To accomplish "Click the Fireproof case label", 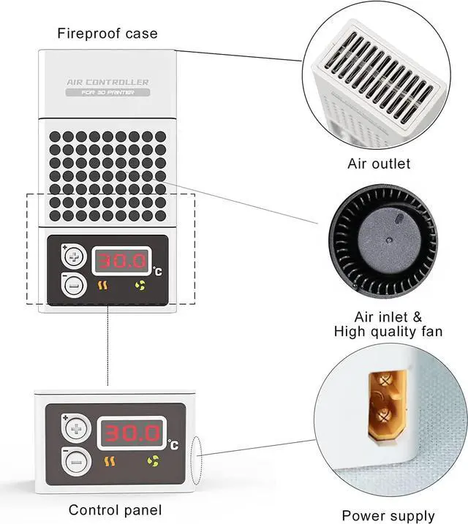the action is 107,34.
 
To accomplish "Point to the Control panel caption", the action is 115,509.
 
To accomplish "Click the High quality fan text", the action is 388,331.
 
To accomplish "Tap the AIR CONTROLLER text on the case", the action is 107,83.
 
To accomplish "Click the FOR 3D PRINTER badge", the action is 107,93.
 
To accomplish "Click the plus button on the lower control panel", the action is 76,427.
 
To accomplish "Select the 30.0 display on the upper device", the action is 122,260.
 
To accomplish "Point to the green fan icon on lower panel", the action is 154,461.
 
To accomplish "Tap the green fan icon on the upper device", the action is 140,286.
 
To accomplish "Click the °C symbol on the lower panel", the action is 173,444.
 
